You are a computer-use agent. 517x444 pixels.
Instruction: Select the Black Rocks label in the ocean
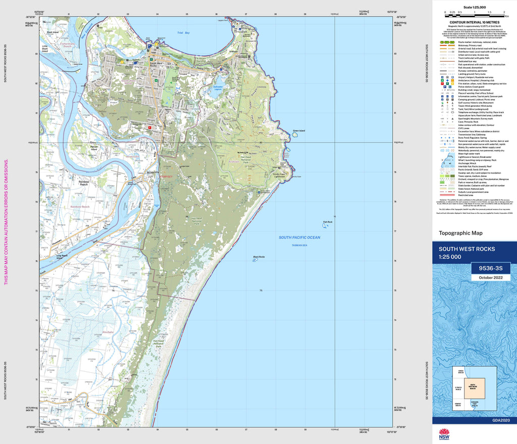pos(258,257)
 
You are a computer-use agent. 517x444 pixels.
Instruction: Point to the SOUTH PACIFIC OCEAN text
pos(299,237)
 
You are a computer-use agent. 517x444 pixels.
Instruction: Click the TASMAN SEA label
pos(299,245)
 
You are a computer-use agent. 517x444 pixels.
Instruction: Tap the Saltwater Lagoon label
pos(218,88)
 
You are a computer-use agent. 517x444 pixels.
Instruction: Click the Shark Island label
pos(53,32)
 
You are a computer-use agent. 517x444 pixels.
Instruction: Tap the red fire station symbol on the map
pos(150,127)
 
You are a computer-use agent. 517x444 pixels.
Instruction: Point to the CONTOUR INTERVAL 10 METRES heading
pos(474,23)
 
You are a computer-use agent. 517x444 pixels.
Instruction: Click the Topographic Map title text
pos(460,233)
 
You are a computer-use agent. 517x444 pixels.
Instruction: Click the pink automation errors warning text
pos(6,223)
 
